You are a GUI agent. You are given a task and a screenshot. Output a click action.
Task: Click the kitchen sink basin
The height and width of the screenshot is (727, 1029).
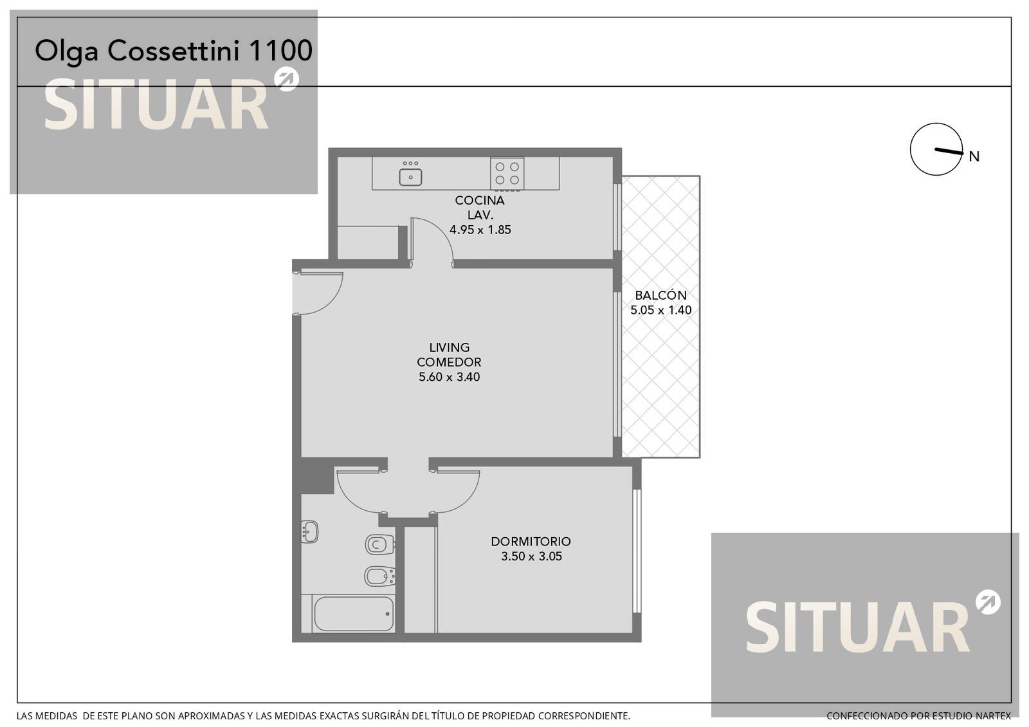pos(410,178)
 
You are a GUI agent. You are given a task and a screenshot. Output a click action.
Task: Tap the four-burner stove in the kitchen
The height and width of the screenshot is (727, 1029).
pos(507,173)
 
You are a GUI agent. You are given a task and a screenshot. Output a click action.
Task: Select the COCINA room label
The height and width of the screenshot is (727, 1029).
pos(480,200)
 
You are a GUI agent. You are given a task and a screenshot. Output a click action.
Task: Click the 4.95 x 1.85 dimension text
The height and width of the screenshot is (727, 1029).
pos(480,230)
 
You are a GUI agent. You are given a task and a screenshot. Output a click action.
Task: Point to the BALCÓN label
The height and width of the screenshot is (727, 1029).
pos(660,295)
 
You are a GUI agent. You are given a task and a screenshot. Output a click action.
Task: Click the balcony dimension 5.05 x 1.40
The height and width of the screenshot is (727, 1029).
pos(660,310)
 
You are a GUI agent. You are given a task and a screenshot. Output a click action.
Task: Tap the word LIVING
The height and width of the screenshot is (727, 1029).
pos(450,347)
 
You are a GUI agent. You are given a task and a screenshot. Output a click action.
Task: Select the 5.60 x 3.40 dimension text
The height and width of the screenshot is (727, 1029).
pos(450,377)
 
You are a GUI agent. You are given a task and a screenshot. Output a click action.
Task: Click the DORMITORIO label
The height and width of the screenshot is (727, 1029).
pos(531,541)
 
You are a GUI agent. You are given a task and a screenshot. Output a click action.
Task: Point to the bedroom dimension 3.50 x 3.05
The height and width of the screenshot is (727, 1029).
pos(531,557)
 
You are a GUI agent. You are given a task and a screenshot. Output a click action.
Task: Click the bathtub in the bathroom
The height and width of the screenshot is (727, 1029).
pos(354,614)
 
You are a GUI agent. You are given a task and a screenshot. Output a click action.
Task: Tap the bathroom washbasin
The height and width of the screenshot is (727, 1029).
pos(309,531)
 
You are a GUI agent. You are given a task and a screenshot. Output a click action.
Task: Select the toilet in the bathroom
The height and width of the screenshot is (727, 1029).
pos(380,545)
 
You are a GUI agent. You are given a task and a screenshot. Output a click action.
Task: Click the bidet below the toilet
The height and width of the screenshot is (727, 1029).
pos(380,576)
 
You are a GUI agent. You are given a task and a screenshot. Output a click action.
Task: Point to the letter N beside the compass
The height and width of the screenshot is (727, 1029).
pos(974,157)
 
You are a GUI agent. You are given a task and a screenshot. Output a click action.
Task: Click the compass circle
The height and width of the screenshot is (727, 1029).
pos(911,149)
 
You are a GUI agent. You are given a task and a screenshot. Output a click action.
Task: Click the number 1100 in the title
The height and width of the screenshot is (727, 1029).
pos(280,51)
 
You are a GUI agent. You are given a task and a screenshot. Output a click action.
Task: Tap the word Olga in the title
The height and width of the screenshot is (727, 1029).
pos(67,52)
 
